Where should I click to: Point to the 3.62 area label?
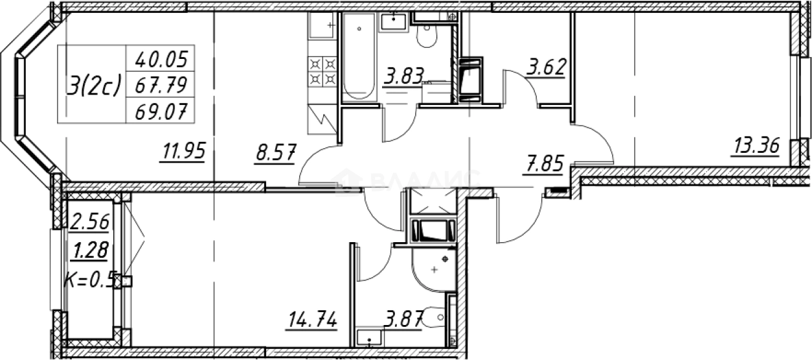pyautogui.click(x=546, y=67)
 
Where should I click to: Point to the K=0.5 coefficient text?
pyautogui.click(x=90, y=280)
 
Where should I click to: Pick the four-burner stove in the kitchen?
pyautogui.click(x=323, y=71)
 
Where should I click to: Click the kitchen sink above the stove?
pyautogui.click(x=322, y=27)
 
